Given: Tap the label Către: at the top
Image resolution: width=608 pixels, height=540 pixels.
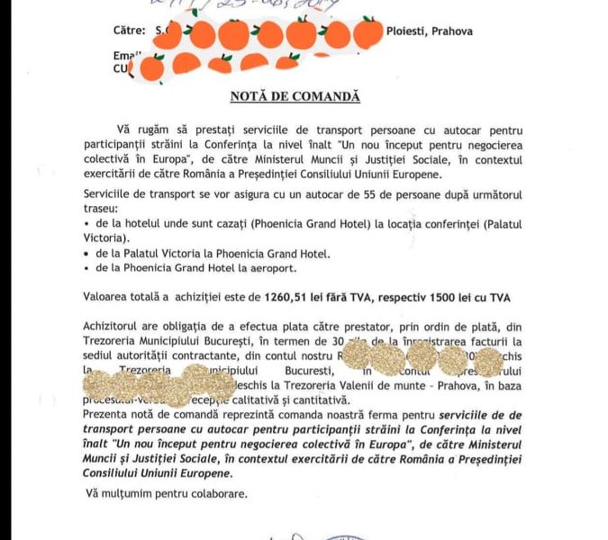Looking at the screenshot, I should point(128,31).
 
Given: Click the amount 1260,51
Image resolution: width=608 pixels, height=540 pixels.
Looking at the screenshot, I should point(289,295).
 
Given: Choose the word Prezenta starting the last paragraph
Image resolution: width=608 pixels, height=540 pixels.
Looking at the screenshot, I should point(107,415).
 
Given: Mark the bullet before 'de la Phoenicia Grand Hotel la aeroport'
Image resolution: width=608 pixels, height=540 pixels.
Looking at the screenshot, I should point(86,268).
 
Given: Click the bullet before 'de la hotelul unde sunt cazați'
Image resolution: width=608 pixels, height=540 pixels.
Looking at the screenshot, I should point(86,224).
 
